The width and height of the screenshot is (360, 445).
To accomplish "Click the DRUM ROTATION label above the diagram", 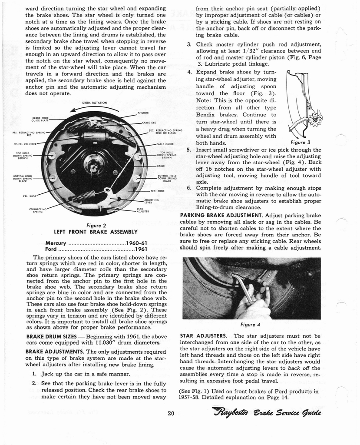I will (x=94, y=103).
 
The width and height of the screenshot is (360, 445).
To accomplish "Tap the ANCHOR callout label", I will (x=143, y=113).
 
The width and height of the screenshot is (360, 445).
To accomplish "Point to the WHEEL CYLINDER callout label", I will (x=25, y=143).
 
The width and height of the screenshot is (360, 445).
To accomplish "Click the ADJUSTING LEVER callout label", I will (x=151, y=201).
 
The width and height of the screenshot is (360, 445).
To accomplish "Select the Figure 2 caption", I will (x=96, y=225).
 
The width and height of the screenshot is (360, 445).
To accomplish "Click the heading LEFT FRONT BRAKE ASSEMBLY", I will (x=96, y=232).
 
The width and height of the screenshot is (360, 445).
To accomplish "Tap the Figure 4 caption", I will (x=250, y=325).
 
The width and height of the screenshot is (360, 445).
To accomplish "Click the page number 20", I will (x=171, y=413).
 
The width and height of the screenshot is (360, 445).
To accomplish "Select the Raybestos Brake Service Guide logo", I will (x=267, y=412).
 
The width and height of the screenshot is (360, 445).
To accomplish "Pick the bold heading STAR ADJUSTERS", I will (x=203, y=336).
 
